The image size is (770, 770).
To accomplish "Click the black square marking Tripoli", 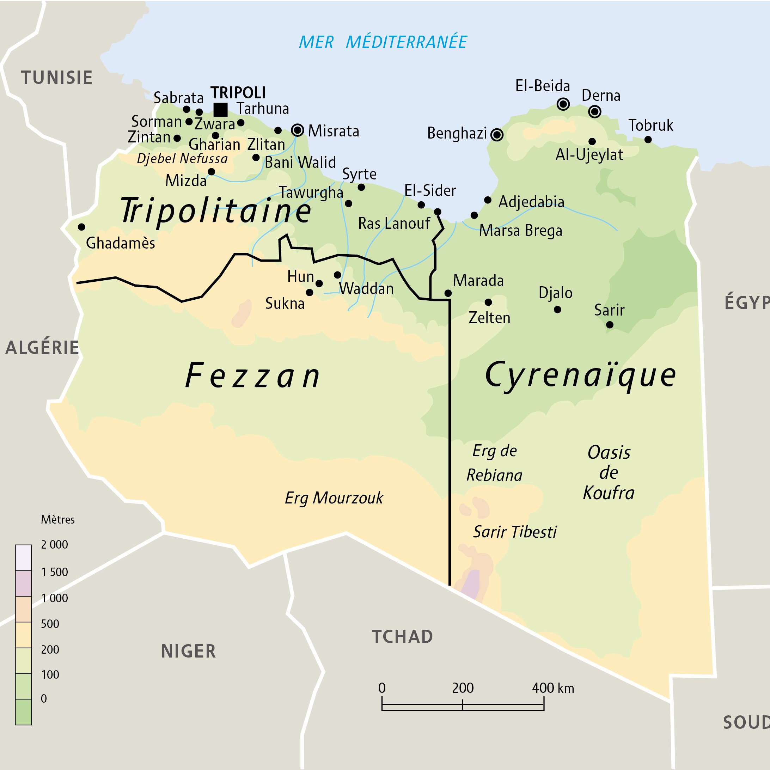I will (x=220, y=110).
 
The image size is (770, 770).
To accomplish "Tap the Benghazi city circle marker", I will (x=497, y=135).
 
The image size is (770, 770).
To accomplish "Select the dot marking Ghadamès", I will (x=81, y=227).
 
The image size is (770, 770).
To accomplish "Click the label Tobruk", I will (x=650, y=126).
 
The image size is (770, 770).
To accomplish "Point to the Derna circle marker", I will (x=594, y=112).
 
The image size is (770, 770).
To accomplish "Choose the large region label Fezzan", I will (x=253, y=376).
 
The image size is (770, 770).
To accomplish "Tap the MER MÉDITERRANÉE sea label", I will (x=383, y=42).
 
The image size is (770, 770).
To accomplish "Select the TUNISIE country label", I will (x=57, y=78).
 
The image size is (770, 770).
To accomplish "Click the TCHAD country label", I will (x=402, y=637).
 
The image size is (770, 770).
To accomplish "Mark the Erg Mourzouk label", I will (x=334, y=498).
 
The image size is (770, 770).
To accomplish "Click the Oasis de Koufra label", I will (x=609, y=473).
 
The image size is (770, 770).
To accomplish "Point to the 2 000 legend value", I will (x=54, y=544).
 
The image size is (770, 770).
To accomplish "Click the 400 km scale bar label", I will (x=553, y=688).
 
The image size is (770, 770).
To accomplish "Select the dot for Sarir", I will (x=609, y=325).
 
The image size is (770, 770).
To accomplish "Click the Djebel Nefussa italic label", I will (x=182, y=159).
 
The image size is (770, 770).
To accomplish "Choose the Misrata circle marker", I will (x=297, y=130).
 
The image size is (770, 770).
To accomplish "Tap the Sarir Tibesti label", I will (x=514, y=532).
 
